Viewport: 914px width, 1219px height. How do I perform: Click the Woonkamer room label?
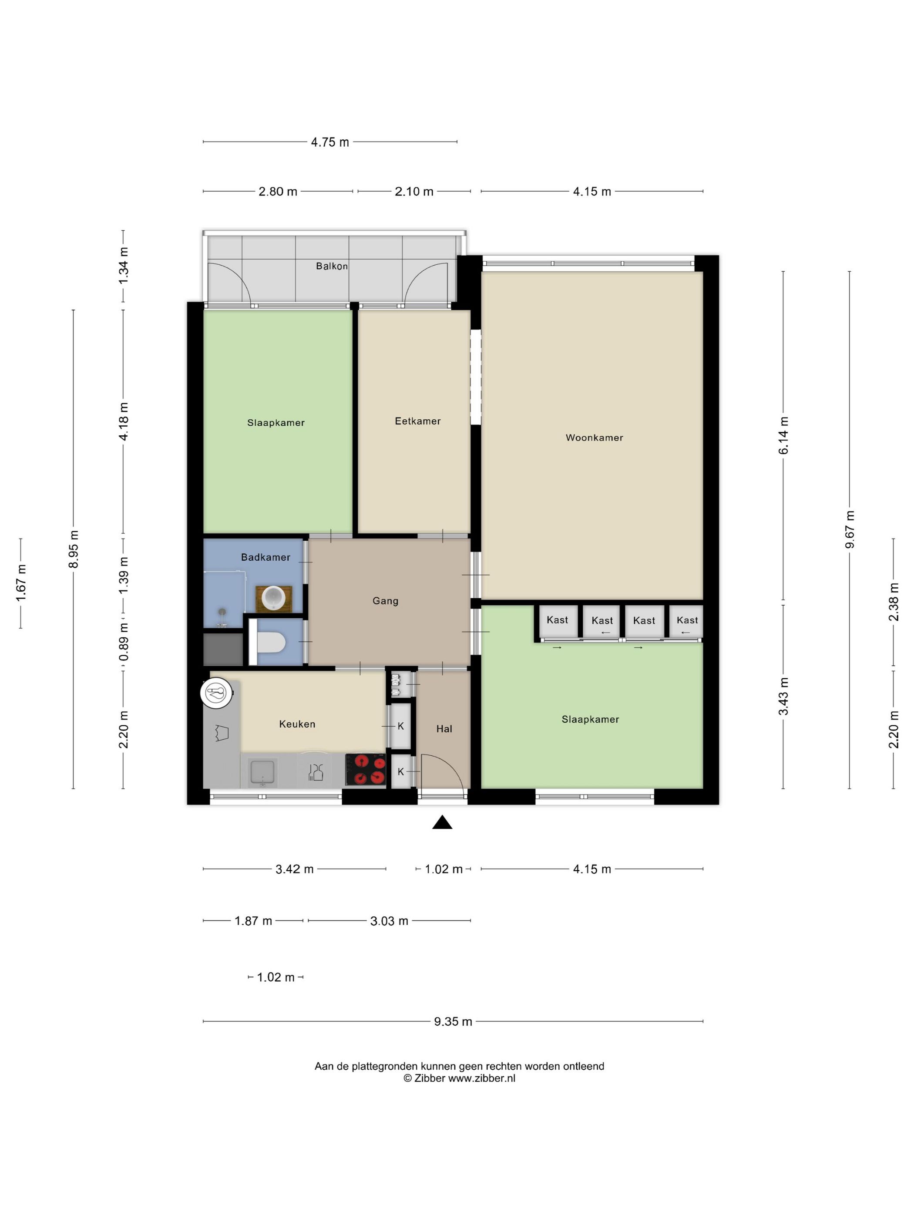click(x=594, y=438)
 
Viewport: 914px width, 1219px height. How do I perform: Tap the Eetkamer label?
click(x=417, y=421)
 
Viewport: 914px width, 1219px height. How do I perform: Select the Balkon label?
click(x=332, y=266)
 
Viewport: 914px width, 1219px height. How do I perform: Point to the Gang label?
click(x=385, y=601)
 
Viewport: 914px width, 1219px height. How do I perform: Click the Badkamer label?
click(x=265, y=557)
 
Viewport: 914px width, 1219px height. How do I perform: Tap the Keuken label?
click(x=297, y=724)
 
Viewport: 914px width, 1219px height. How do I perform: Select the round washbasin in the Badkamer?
click(x=273, y=598)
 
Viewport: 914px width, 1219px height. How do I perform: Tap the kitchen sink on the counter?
click(x=263, y=771)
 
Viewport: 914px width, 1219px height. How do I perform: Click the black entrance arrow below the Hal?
click(x=442, y=823)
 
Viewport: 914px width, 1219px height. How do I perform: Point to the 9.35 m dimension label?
click(x=453, y=1021)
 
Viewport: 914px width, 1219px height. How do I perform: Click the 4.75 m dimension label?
click(x=330, y=142)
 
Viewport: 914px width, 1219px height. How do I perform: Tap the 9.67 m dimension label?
click(x=850, y=529)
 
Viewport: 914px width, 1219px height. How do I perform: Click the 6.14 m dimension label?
click(x=783, y=435)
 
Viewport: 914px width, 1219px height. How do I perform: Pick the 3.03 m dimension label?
click(x=389, y=921)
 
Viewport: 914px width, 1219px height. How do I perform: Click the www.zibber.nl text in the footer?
click(x=481, y=1078)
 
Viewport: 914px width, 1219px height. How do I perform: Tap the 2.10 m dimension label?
click(x=414, y=192)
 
